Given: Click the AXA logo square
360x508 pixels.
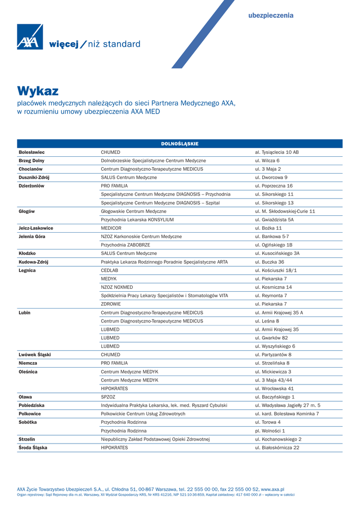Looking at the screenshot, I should coord(30,37).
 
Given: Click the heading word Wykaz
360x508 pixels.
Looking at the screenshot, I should coord(38,91).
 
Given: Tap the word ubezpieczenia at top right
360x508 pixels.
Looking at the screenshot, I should coord(271,15).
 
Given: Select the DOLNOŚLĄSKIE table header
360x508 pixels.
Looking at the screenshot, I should coord(180,144).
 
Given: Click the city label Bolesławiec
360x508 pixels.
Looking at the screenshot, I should coord(32,152).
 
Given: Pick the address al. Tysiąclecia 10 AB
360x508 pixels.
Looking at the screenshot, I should coord(277,152).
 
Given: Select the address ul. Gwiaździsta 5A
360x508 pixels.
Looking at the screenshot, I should coord(274,220).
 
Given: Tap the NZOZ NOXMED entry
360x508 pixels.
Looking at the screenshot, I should coord(117,287).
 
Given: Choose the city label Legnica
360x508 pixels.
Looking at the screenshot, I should coord(27,270).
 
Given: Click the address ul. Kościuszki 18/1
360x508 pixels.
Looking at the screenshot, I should coord(276,270).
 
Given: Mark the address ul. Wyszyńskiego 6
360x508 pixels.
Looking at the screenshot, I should coord(275,346).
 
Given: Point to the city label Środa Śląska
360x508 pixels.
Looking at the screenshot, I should coord(33,447).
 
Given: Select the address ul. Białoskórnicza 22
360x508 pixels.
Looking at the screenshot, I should coord(277,447).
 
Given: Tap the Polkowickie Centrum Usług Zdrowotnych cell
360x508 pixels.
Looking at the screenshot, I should coord(143,414).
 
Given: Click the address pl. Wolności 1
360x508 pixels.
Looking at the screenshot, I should coord(270,431).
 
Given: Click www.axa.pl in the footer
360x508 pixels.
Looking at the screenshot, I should coord(272,489).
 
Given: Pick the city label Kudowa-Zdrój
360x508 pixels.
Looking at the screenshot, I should coord(33,262).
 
